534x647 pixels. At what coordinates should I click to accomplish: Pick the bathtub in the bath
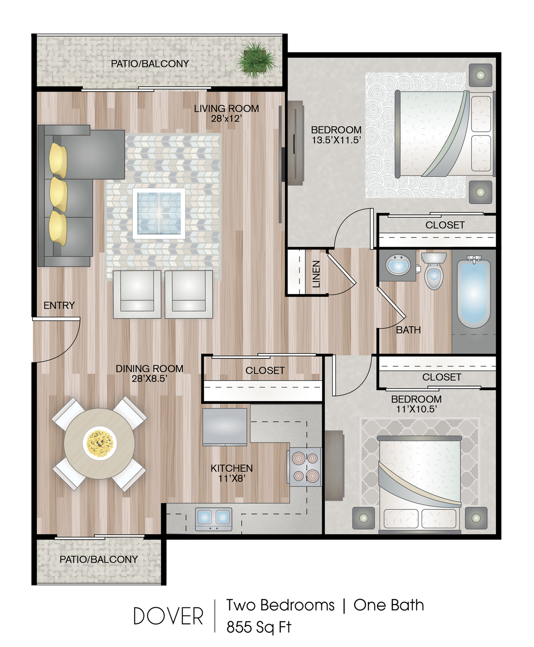pos(474,292)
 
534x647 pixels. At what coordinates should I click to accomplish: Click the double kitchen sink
pos(213,519)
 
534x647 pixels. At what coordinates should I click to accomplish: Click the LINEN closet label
pos(316,274)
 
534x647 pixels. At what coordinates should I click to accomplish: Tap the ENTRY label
pos(59,305)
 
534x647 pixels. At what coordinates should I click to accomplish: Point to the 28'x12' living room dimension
pos(225,118)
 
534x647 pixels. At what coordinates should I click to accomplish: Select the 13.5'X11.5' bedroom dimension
pos(336,140)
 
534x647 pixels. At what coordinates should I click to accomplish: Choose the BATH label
pos(408,330)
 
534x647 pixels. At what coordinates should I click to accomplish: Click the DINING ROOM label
pos(149,368)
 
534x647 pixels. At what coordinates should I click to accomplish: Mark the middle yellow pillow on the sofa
pos(59,194)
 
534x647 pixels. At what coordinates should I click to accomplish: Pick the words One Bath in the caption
pos(389,605)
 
